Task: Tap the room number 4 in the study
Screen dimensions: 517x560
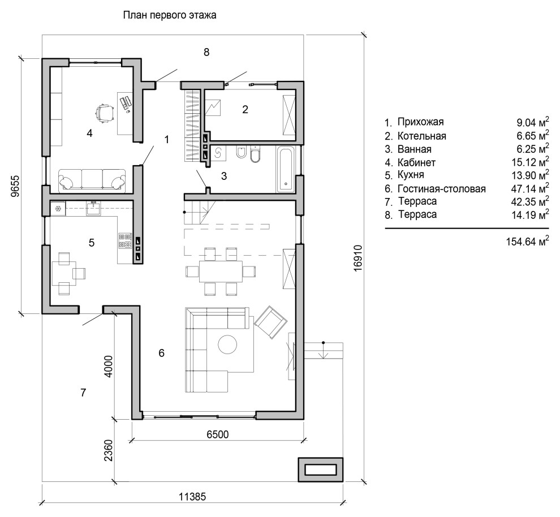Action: tap(89, 133)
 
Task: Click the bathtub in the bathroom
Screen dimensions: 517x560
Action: tap(285, 168)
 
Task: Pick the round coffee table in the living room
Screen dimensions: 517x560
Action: tap(228, 344)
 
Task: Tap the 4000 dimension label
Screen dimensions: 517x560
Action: tap(110, 366)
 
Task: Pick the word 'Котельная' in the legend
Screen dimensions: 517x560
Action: tap(422, 136)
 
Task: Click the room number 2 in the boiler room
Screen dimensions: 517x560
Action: tap(245, 110)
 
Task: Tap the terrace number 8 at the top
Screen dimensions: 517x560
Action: tap(206, 52)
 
